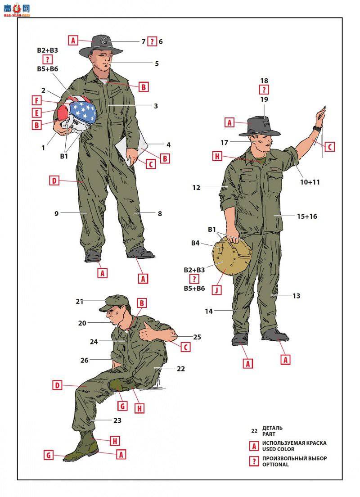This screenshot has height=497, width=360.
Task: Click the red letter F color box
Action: pyautogui.click(x=37, y=101)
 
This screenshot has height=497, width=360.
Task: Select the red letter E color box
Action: pyautogui.click(x=37, y=113)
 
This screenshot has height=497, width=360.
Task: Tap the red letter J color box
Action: pyautogui.click(x=217, y=290)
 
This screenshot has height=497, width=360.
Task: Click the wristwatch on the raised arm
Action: pyautogui.click(x=317, y=129)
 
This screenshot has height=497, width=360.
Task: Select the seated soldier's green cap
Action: pyautogui.click(x=114, y=303)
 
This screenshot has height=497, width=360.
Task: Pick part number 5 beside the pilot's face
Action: pyautogui.click(x=157, y=64)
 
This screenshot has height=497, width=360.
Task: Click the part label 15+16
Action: pyautogui.click(x=307, y=217)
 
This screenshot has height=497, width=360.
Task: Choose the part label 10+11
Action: pyautogui.click(x=310, y=182)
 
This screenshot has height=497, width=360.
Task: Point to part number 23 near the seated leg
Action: pyautogui.click(x=117, y=420)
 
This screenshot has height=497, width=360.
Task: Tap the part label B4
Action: pyautogui.click(x=195, y=243)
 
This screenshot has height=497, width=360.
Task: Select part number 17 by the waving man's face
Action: pyautogui.click(x=225, y=143)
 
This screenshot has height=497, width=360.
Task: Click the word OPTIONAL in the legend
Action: pyautogui.click(x=275, y=465)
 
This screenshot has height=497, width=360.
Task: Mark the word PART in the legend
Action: pyautogui.click(x=269, y=434)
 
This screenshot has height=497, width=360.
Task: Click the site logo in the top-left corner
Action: pyautogui.click(x=17, y=9)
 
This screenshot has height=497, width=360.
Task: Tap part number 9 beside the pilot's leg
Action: pyautogui.click(x=56, y=214)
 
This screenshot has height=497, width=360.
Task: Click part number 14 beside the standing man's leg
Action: pyautogui.click(x=208, y=311)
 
